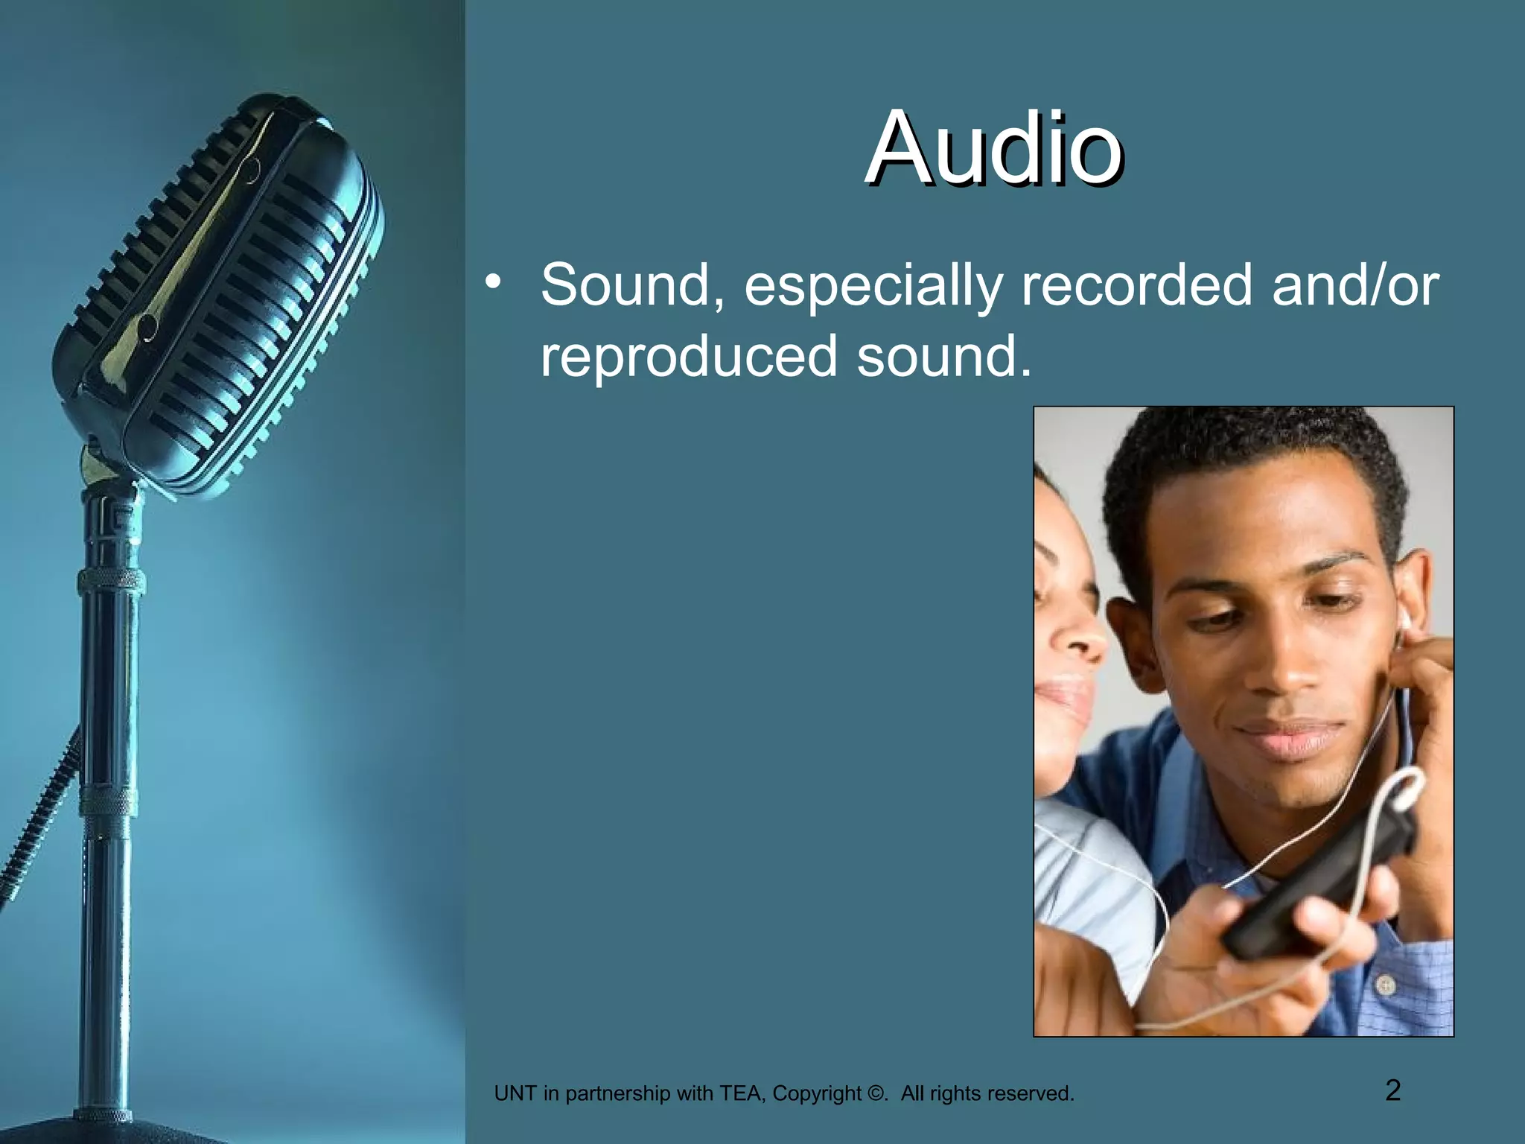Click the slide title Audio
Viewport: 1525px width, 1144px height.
point(994,148)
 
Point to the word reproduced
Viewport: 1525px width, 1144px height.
point(689,356)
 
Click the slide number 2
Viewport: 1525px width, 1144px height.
point(1392,1090)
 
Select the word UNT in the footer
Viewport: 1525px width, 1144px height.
point(515,1093)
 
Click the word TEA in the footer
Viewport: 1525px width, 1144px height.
point(742,1093)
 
